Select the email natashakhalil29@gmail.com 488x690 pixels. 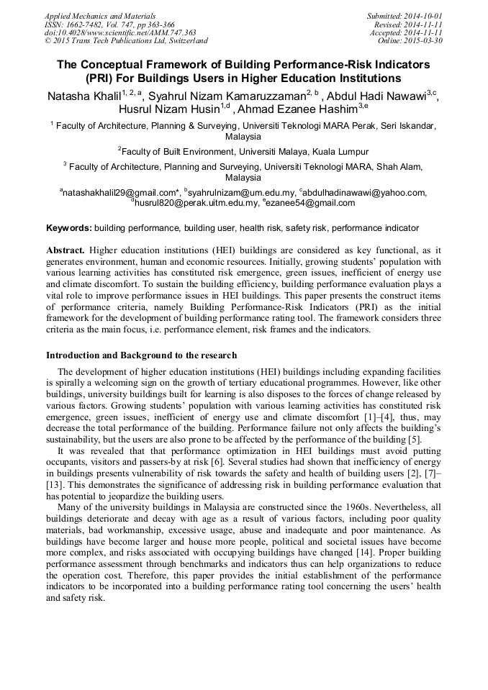(120, 193)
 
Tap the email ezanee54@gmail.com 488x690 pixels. (310, 204)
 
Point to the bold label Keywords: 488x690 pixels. (69, 228)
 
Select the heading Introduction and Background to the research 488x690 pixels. (141, 355)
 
